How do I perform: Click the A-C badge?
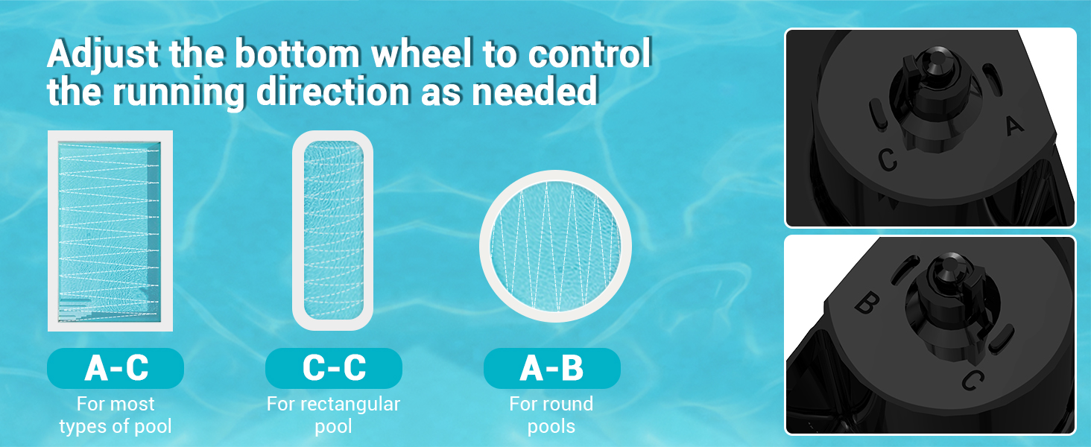coord(116,368)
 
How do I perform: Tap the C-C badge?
coord(334,368)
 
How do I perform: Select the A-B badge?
coord(551,368)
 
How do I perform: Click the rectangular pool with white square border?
coord(110,231)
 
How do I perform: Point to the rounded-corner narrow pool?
coord(332,230)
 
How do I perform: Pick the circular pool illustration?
coord(556,246)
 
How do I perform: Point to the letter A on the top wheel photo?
coord(1014,126)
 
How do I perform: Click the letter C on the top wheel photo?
coord(888,159)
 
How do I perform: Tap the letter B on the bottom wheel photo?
coord(867,302)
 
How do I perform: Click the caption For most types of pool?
coord(116,415)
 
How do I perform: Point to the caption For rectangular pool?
coord(333,415)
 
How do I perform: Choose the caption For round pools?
coord(551,415)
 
